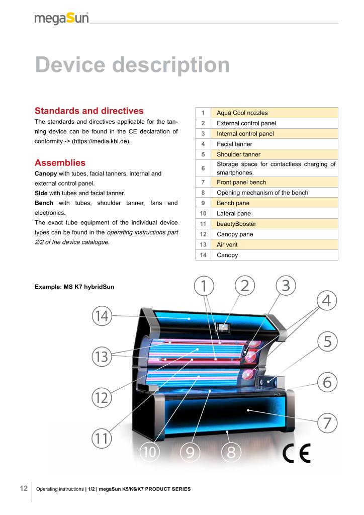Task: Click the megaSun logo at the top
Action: click(x=61, y=18)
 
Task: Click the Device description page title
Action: click(x=132, y=65)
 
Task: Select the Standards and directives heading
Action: click(x=89, y=111)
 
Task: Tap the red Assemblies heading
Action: click(x=60, y=162)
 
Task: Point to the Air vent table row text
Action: click(x=227, y=245)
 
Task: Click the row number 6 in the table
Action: click(x=203, y=168)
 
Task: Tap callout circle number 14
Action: click(x=102, y=316)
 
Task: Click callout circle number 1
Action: click(x=204, y=286)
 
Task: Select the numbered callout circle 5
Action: click(x=327, y=341)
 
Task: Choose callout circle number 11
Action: click(x=102, y=438)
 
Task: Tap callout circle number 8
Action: click(x=231, y=452)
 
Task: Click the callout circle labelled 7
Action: click(x=327, y=422)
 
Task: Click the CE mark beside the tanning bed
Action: click(x=297, y=453)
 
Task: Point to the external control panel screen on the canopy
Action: click(x=223, y=327)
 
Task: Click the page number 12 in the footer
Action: click(x=24, y=488)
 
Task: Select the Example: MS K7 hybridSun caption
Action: click(x=74, y=287)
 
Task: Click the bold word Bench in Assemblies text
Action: click(x=44, y=203)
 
